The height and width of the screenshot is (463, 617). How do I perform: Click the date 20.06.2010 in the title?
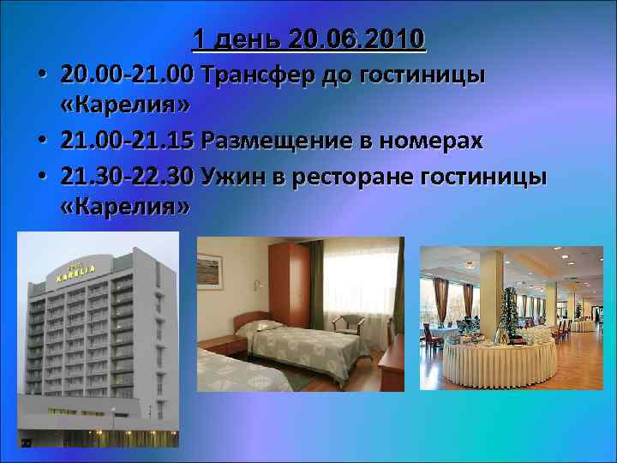[x=357, y=39]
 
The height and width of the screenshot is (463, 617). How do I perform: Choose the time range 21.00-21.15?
[x=128, y=141]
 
